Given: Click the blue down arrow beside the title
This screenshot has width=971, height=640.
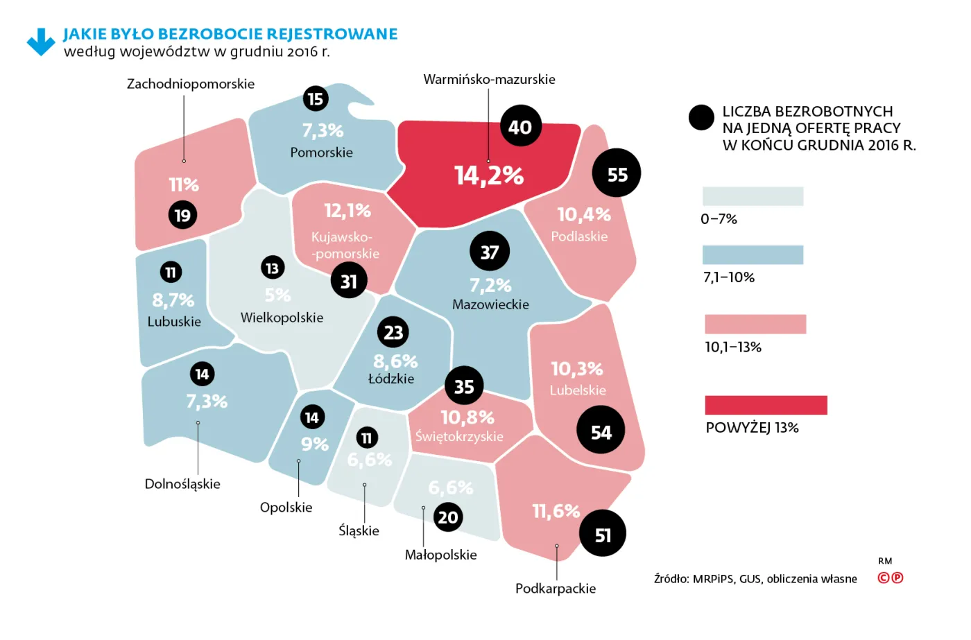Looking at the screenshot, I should coord(41,42).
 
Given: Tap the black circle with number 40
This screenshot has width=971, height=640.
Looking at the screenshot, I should coord(520,126).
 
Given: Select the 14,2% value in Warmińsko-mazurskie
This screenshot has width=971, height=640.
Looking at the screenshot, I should coord(489,175).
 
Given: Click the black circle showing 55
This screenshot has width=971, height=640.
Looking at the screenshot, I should coord(617,173).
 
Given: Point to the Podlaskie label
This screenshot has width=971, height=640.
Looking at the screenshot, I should coord(579,236).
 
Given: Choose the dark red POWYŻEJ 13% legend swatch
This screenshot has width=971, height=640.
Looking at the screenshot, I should coord(766,405).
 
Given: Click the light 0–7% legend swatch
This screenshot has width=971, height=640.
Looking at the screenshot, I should coord(753,196).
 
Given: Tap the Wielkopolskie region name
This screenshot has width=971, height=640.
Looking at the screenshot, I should coord(282,318).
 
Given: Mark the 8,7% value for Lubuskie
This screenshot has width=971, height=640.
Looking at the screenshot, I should coord(173,300).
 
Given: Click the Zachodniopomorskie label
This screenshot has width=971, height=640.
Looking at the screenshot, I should coord(191,84).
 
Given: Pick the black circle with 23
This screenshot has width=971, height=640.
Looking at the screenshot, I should coord(393,332).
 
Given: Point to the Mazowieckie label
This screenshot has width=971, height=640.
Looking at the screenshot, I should coord(490,304).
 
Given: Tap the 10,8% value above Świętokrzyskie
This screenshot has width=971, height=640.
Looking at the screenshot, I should coord(467,417).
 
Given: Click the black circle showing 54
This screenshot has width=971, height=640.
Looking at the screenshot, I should coord(601,431).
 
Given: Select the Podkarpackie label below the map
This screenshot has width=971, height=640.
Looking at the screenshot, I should coord(556,588).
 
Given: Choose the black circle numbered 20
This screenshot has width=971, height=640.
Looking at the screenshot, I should coord(448,517).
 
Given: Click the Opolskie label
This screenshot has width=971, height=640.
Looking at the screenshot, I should coord(286,508).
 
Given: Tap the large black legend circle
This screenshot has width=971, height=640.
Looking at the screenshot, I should coord(701,118).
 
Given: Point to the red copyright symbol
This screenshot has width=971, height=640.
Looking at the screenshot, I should coord(884,578).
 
